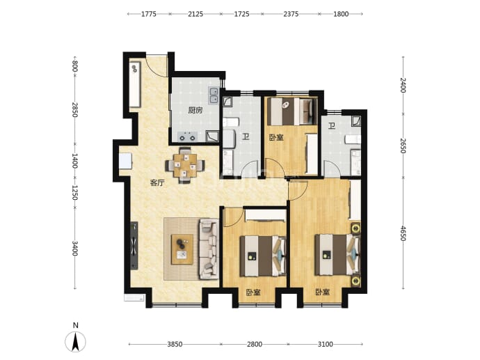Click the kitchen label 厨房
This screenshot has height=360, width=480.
[x=195, y=110]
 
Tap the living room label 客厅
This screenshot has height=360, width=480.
[x=157, y=183]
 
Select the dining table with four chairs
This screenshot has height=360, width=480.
[x=185, y=166]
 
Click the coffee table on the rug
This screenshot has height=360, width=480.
[x=182, y=249]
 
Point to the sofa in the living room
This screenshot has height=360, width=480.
[x=209, y=249]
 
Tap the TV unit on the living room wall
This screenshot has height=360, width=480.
[x=134, y=246]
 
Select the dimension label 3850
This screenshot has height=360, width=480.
[x=175, y=345]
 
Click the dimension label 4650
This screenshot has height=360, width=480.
[x=403, y=233]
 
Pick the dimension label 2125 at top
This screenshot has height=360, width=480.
[x=195, y=14]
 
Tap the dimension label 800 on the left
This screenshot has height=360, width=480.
[x=74, y=66]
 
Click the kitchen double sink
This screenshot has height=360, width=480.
[x=214, y=95]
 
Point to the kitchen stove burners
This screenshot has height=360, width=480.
[x=187, y=136]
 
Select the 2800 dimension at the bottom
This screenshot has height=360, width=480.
[x=255, y=345]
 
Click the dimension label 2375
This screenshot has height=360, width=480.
[x=291, y=14]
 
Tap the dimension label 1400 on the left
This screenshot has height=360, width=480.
[x=74, y=161]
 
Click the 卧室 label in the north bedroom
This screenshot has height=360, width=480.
[x=276, y=137]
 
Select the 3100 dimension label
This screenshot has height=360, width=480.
[x=325, y=345]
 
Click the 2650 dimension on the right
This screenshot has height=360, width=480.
[x=403, y=146]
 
